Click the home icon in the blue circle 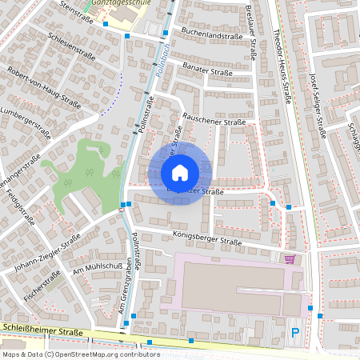pos(180,173)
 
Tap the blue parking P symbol pos(295,332)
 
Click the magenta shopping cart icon pos(290,258)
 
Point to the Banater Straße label pos(207,71)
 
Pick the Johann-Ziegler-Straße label pos(49,253)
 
